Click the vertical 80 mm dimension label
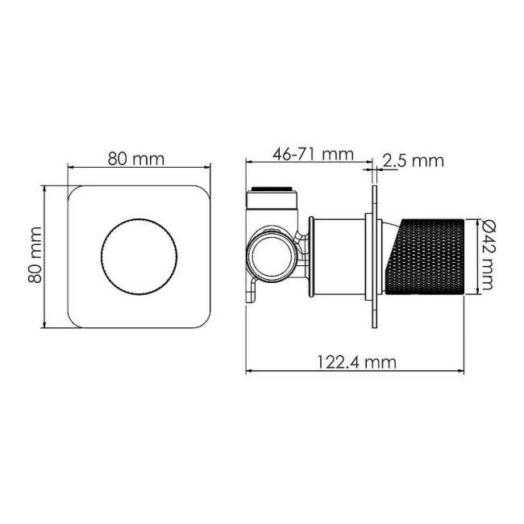(35, 257)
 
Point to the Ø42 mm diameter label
(489, 256)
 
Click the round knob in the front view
(136, 257)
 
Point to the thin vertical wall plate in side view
(373, 256)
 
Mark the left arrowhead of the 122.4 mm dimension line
(249, 372)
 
